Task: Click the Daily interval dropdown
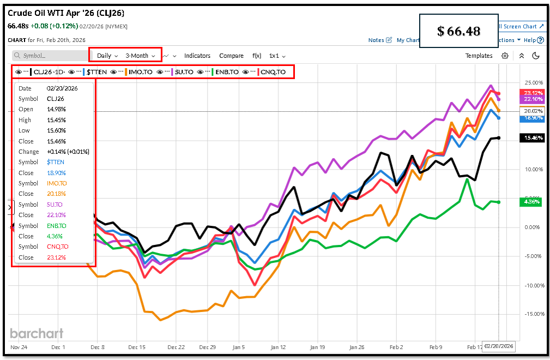pos(107,56)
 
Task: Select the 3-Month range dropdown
pos(140,56)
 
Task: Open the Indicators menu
pos(197,56)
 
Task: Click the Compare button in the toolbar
pos(231,56)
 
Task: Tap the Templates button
pos(479,56)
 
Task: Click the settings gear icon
pos(505,56)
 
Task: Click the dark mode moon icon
pos(535,56)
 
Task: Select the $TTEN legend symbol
pos(96,72)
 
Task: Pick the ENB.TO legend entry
pos(226,72)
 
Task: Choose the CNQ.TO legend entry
pos(273,72)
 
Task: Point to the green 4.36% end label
pos(533,202)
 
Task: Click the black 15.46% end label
pos(533,138)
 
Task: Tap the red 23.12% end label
pos(533,93)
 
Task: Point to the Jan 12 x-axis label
pos(278,347)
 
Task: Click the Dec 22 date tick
pos(177,347)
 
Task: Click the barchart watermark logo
pos(37,333)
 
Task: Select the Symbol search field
pos(49,56)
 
